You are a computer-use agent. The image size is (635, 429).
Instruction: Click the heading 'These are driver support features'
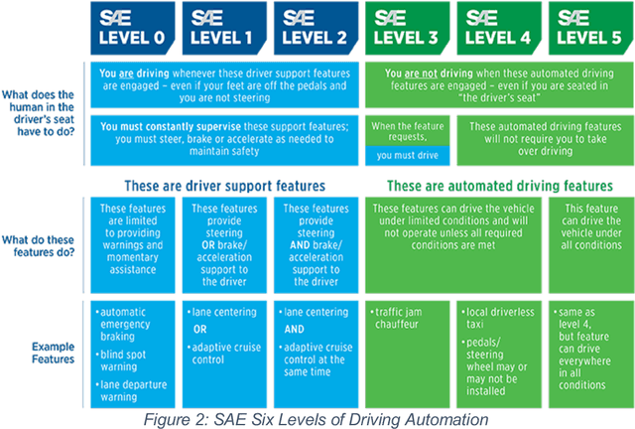coord(226,185)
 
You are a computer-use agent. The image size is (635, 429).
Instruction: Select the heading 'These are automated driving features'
coord(499,185)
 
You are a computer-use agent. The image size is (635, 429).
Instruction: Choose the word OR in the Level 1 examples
coord(199,328)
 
